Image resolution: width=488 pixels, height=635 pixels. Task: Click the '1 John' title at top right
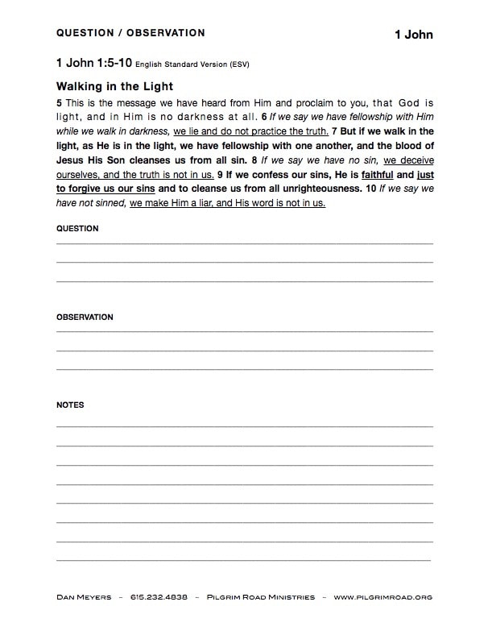pos(413,35)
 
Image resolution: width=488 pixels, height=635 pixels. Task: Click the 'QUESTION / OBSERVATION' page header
pos(130,33)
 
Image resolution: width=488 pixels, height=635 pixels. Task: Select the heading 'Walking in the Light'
pos(114,86)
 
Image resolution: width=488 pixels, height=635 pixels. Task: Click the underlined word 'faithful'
pos(377,174)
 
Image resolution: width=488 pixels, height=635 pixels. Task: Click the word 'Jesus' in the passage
pos(71,160)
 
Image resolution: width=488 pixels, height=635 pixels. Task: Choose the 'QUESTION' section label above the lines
pos(77,228)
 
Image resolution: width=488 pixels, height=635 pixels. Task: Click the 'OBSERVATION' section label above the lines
pos(85,317)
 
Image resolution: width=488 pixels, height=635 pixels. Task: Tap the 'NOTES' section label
pos(70,405)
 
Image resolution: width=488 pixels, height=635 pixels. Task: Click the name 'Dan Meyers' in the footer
pos(83,597)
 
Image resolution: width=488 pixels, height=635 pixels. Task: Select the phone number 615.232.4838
pos(159,597)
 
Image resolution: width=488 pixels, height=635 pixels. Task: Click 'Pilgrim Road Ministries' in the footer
pos(259,597)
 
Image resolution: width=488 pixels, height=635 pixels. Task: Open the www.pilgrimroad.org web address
pos(383,597)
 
